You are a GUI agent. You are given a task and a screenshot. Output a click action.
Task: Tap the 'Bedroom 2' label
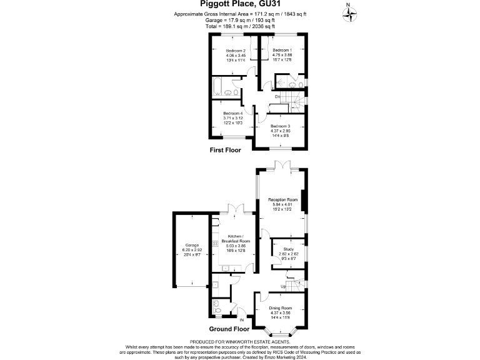(x=227, y=51)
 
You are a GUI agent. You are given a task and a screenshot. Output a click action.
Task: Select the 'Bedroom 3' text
(x=281, y=126)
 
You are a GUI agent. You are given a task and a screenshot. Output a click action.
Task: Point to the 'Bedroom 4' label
(x=232, y=113)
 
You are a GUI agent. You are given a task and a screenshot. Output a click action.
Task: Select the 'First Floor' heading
(x=226, y=151)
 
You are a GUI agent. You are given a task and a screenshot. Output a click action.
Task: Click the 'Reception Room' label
(x=281, y=200)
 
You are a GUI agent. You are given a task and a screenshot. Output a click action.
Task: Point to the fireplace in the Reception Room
(x=304, y=200)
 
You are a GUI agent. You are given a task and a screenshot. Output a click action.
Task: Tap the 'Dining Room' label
(x=280, y=308)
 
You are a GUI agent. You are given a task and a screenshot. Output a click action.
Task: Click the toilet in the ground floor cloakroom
(x=217, y=307)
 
